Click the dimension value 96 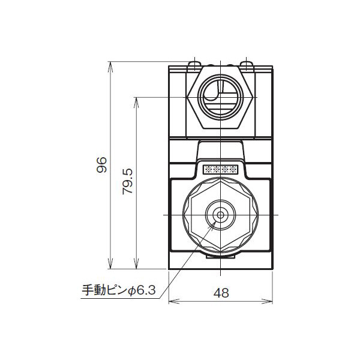101,164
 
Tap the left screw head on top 196,64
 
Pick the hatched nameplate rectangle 222,169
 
